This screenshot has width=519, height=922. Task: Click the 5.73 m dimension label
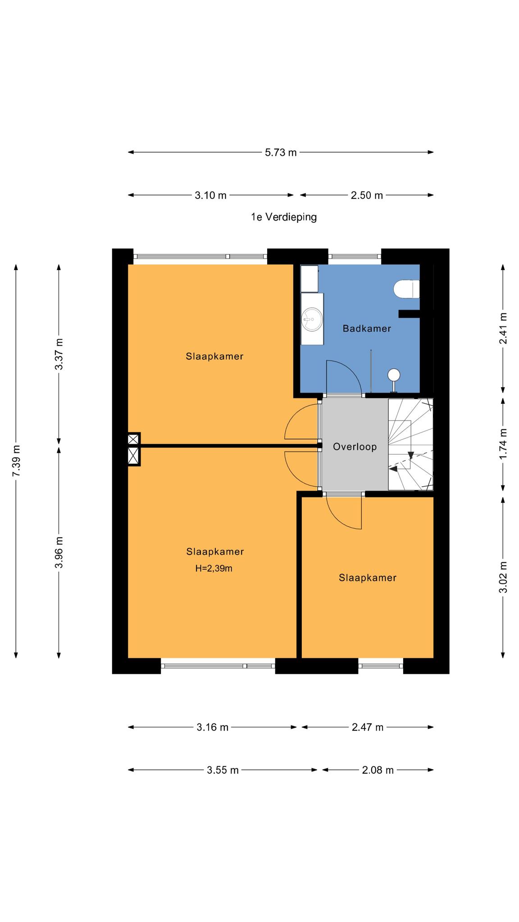tap(281, 153)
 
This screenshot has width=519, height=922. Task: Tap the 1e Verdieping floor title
tap(284, 217)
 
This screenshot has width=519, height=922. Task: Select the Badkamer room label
tap(367, 329)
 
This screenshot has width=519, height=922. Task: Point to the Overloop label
tap(355, 447)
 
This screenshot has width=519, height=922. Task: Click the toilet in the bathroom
tap(407, 289)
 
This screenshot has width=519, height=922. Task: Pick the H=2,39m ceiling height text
tap(214, 569)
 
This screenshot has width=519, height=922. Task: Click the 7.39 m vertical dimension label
tap(16, 461)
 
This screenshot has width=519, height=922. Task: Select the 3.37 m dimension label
tap(59, 354)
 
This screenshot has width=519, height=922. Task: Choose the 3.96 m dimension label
tap(59, 552)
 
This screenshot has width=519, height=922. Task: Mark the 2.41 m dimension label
tap(503, 329)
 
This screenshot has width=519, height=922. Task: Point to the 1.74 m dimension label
tap(503, 444)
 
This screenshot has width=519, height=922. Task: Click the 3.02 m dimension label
tap(503, 577)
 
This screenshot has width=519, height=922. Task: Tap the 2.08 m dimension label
tap(378, 770)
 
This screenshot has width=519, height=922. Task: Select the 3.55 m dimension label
tap(223, 770)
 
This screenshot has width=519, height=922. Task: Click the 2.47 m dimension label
tap(367, 727)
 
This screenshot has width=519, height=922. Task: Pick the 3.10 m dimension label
tap(210, 195)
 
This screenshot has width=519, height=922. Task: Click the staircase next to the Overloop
tap(410, 444)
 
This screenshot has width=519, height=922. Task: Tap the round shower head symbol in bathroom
tap(394, 375)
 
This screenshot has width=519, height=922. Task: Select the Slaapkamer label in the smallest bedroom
tap(368, 578)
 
